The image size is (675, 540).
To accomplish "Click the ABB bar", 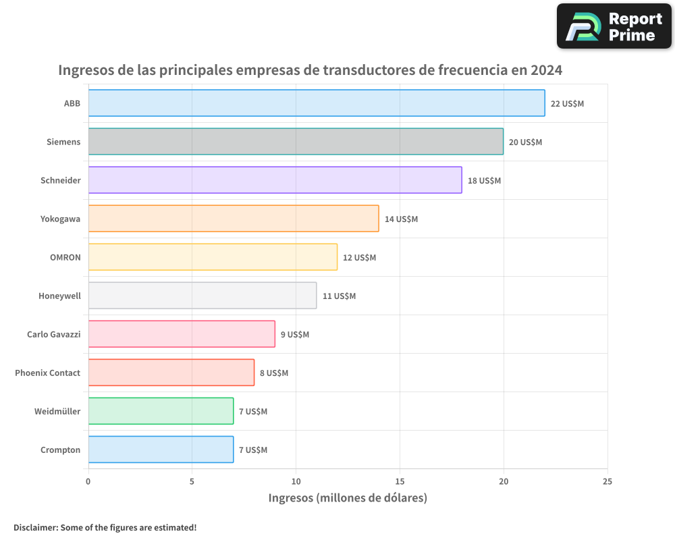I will pos(316,103).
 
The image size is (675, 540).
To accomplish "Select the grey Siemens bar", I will pos(296,142).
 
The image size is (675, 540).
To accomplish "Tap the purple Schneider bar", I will pos(275,180).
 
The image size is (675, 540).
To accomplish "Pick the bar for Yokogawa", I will pos(233,219).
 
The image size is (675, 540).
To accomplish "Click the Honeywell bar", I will pos(202,296).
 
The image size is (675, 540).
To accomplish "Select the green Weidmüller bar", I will pos(161,411).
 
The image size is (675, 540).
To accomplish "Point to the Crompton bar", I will pos(161,450).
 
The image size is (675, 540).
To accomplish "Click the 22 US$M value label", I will pos(567,104).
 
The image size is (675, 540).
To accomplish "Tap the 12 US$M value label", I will pos(359,258).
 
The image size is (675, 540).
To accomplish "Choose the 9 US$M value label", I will pos(295,335).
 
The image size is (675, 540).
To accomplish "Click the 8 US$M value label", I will pos(274,373).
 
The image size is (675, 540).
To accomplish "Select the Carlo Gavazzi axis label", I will pos(53,334).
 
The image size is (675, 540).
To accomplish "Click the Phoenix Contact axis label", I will pos(47,373).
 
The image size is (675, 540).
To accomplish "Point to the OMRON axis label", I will pos(65,257).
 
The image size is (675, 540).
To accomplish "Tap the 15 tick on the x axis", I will pos(400,481).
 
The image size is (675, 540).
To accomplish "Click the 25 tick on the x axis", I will pos(607,481).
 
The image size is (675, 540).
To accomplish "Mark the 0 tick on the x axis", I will pos(88,481).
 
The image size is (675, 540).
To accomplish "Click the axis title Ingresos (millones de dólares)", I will pos(348,498).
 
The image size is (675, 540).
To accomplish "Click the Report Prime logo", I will pos(614,26).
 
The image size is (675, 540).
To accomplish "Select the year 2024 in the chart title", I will pos(546,70).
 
